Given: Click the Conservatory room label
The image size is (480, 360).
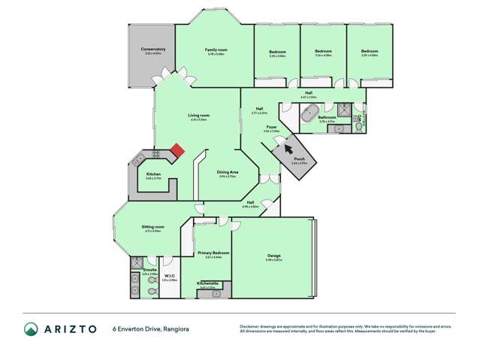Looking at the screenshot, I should coord(152,49).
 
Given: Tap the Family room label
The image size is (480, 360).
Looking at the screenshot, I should coord(216,50).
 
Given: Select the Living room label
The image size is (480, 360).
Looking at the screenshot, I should coord(199,115).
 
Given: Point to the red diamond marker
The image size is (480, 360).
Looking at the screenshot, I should coord(177,150).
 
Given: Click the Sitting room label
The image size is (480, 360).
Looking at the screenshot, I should coord(152,226).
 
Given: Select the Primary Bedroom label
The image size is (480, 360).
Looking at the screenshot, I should coord(213,253).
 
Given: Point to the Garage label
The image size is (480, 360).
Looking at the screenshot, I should coord(274,256).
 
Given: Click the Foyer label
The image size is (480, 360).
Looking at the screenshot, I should coord(272,127).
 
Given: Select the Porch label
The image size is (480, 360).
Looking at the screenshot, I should coord(299,159).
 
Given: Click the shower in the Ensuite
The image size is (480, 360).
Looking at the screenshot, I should coord(136,263).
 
